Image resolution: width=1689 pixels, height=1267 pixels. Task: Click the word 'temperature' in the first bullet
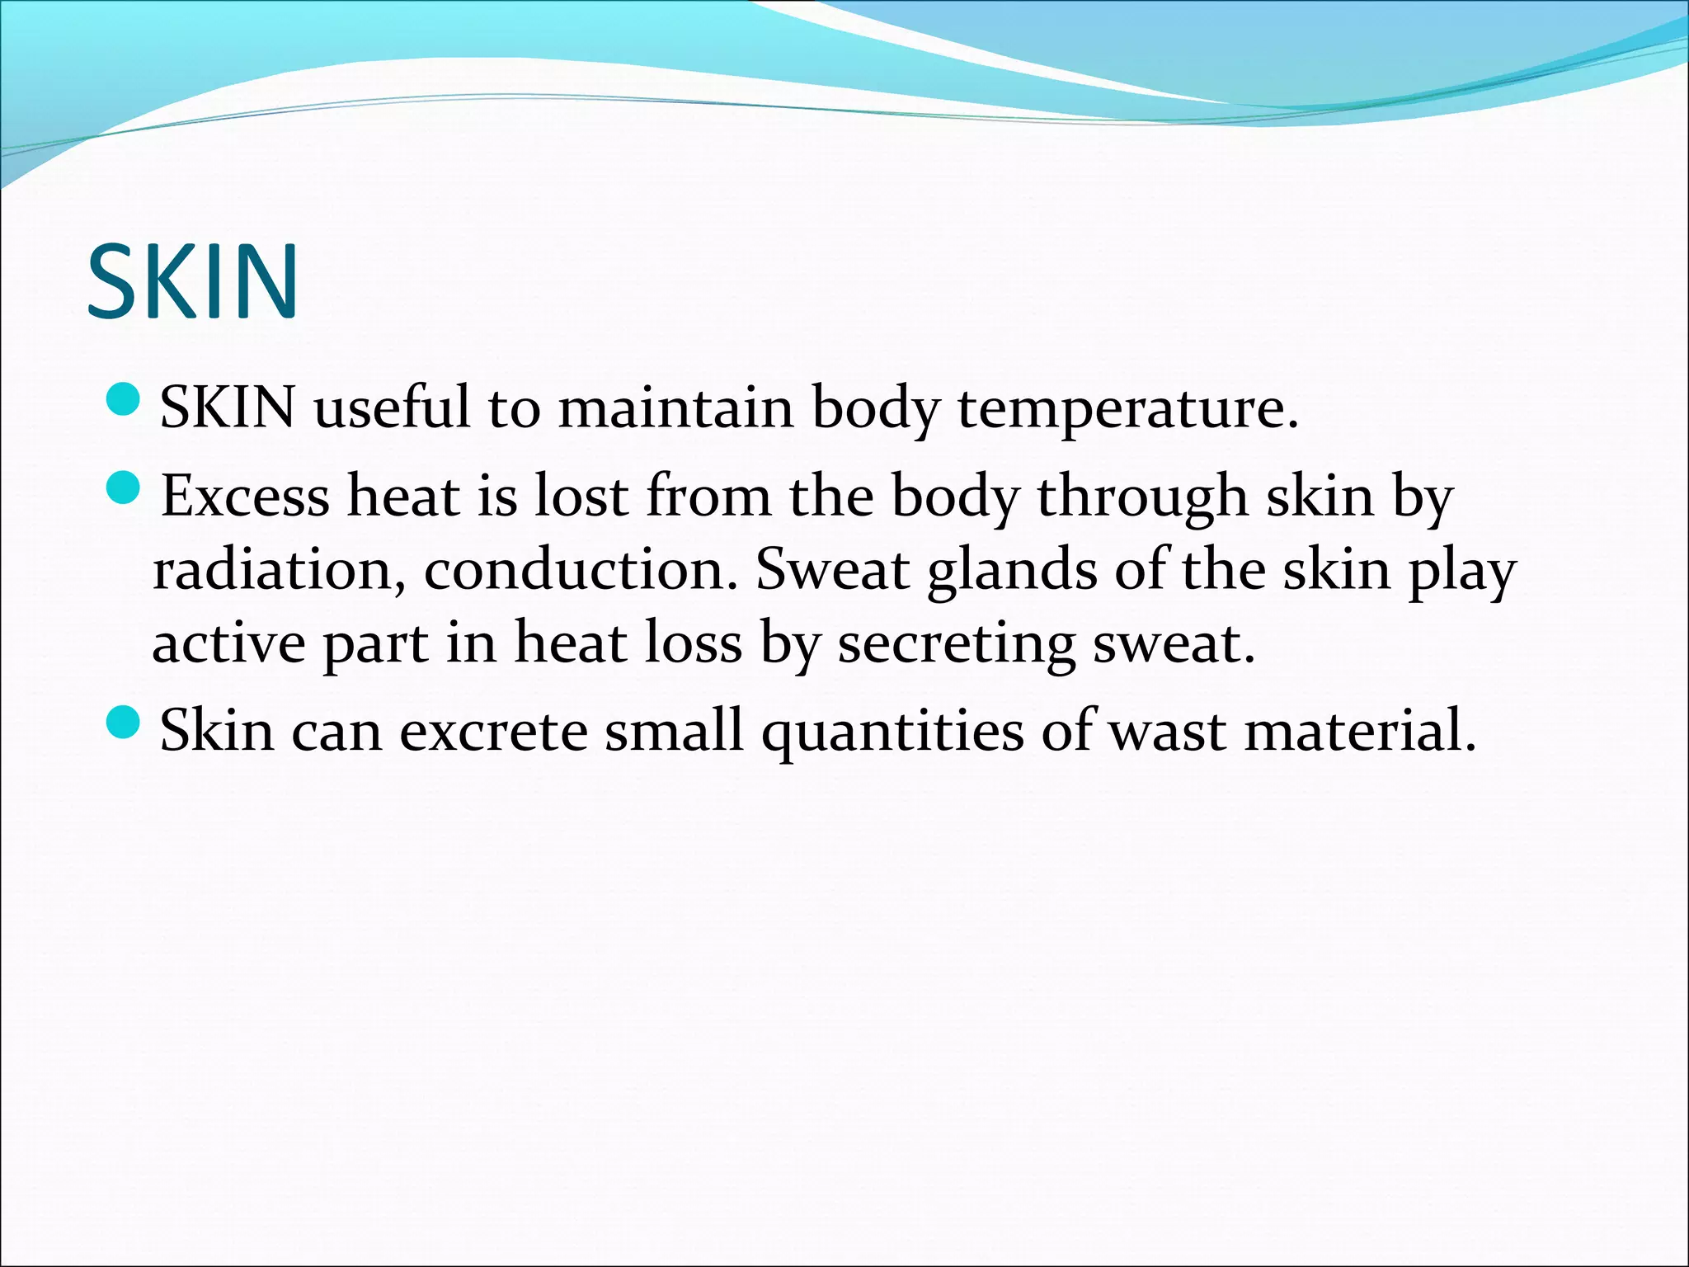pos(1127,408)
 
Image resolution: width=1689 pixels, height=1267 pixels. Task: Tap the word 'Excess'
pos(244,497)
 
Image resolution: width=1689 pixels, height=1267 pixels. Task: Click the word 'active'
pos(228,643)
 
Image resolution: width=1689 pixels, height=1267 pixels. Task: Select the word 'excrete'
pos(492,732)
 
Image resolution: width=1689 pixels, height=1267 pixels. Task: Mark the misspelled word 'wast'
pos(1166,732)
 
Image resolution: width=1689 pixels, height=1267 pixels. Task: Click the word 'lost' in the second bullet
pos(582,497)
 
